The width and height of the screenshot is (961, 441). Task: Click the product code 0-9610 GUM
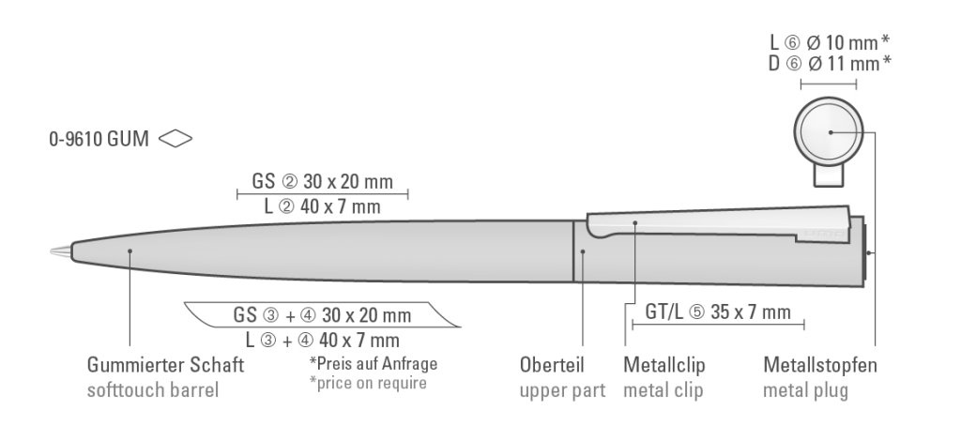[99, 141]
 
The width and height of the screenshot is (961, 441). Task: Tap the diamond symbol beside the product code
[176, 140]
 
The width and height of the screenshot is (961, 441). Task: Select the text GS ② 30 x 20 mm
[322, 181]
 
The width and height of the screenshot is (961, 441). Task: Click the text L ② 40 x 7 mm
[322, 205]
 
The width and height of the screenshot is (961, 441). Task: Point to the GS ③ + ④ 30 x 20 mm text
[322, 314]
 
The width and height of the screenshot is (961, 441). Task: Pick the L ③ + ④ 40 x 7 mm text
[322, 339]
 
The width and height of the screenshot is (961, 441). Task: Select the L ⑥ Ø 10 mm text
[830, 41]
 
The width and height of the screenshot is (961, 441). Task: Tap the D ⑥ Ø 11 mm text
[830, 64]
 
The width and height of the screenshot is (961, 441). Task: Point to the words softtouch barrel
[152, 388]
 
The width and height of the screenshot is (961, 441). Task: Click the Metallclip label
[664, 365]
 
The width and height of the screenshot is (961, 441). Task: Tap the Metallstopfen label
[820, 365]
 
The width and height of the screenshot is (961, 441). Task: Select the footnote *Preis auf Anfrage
[373, 363]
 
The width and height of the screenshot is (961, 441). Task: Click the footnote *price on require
[368, 382]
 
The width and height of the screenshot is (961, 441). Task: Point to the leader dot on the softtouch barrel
[130, 251]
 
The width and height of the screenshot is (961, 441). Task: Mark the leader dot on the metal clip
[635, 223]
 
